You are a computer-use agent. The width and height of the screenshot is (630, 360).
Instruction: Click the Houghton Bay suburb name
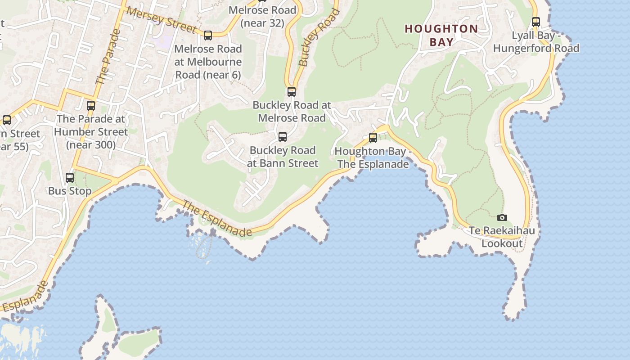[x=441, y=35]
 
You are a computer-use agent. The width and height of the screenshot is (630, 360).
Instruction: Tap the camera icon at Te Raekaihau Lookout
[x=502, y=218]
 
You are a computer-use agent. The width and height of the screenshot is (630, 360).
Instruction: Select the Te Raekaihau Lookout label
[x=502, y=237]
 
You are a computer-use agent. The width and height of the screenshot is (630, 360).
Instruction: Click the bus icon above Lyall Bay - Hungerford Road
[x=535, y=22]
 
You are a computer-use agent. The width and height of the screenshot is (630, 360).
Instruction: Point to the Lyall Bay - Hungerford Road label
[x=536, y=42]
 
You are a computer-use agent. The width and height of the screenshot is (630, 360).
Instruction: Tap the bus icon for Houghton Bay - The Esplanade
[x=373, y=138]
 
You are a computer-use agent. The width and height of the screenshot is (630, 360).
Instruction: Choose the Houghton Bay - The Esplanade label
[x=373, y=157]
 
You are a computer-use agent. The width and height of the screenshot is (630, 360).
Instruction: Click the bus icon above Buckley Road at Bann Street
[x=283, y=137]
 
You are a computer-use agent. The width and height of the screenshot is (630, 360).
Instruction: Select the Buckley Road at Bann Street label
[x=283, y=157]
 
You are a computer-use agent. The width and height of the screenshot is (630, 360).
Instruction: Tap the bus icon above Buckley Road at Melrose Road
[x=292, y=92]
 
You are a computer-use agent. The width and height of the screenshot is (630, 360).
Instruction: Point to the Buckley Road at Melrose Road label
[x=292, y=112]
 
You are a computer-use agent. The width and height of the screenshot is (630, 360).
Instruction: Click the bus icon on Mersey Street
[x=208, y=36]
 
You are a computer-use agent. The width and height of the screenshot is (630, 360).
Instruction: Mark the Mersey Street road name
[x=161, y=20]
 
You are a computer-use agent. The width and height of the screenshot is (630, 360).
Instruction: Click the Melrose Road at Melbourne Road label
[x=208, y=62]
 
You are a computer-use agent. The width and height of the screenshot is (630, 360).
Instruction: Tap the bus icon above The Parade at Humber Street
[x=91, y=106]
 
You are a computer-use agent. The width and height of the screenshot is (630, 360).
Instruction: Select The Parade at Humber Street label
[x=91, y=132]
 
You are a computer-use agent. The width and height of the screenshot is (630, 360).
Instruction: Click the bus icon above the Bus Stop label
[x=70, y=178]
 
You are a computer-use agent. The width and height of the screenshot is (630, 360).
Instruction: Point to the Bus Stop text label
[x=70, y=191]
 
